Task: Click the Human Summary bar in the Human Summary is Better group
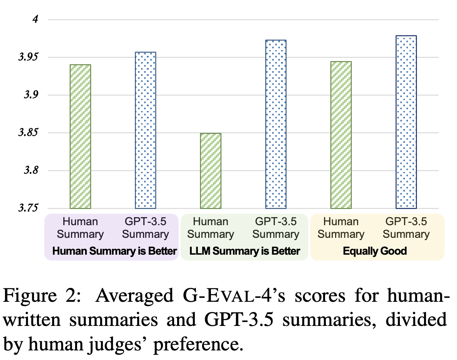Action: pos(80,136)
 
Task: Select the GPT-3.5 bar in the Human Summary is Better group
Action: pos(145,130)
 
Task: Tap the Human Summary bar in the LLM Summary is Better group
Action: pos(210,171)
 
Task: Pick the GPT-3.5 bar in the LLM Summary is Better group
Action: pos(276,124)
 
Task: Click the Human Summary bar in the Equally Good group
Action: pos(341,135)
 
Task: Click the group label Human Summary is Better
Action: pos(114,251)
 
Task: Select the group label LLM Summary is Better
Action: pos(245,251)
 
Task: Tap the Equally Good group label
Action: pos(375,251)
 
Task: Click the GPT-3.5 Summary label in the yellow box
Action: pos(406,228)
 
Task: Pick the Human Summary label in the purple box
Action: pos(80,228)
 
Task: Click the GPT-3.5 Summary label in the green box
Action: pos(276,228)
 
